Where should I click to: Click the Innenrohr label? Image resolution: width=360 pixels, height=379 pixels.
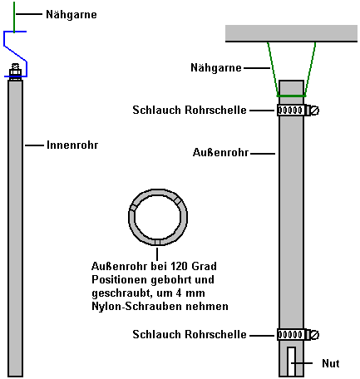72,145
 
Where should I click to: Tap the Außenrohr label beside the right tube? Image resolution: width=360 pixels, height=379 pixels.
221,152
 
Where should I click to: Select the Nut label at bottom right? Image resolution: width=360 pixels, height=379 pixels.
331,363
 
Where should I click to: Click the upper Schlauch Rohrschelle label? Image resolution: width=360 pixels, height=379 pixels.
190,110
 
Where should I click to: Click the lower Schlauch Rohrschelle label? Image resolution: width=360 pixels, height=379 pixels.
190,334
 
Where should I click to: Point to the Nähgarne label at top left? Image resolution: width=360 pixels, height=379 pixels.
72,14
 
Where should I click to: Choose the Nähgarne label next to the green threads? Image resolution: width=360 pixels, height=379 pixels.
216,67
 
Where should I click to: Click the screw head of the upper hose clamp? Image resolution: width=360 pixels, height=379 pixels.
315,111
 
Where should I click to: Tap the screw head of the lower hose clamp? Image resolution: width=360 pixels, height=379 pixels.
315,335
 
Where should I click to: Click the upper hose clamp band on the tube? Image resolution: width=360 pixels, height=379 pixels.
291,111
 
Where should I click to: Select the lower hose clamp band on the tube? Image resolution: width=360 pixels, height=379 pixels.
291,335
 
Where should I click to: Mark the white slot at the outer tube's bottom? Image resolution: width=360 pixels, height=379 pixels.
291,361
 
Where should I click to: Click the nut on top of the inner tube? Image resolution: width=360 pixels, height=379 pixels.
15,73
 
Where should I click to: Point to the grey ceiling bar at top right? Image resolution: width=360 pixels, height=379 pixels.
291,33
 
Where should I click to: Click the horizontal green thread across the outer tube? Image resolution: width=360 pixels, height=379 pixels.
291,96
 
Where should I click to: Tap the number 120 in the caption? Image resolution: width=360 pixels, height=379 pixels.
179,266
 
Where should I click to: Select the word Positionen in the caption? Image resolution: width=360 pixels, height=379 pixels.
120,279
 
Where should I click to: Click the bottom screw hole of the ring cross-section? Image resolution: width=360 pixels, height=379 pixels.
157,243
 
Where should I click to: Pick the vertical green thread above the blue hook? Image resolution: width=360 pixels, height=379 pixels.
14,17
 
